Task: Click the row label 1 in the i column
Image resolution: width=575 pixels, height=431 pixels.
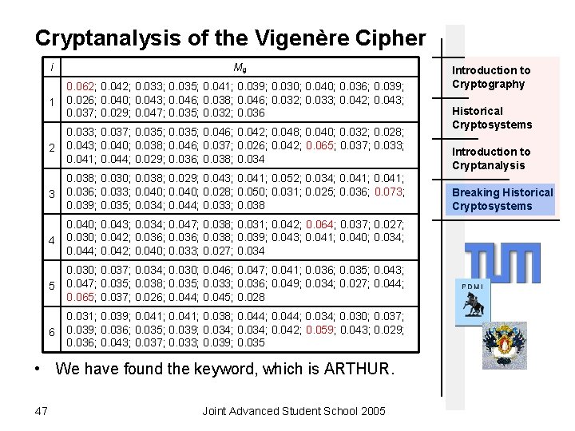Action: pyautogui.click(x=51, y=102)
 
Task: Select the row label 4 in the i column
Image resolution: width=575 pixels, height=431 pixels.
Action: pyautogui.click(x=51, y=240)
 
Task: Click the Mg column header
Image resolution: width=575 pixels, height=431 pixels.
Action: pyautogui.click(x=240, y=67)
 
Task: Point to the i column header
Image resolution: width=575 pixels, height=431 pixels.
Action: pyautogui.click(x=51, y=67)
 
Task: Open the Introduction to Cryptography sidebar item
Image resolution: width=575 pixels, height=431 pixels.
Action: pyautogui.click(x=491, y=77)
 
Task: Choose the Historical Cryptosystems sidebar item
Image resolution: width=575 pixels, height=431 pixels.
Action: pyautogui.click(x=491, y=117)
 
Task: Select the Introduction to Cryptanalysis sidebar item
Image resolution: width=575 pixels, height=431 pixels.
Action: pyautogui.click(x=491, y=158)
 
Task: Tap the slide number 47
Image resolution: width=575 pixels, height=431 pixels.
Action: pyautogui.click(x=42, y=410)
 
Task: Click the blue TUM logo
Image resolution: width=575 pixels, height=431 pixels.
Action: pyautogui.click(x=503, y=262)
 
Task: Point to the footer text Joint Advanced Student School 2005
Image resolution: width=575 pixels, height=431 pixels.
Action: pyautogui.click(x=294, y=410)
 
